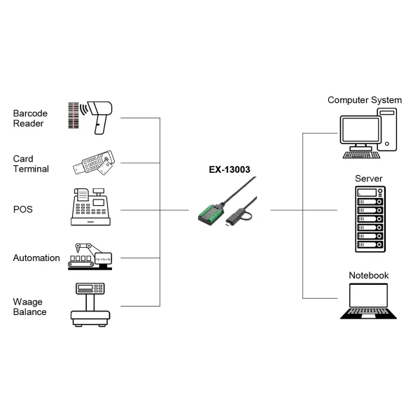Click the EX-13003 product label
[229, 169]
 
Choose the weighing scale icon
[90, 304]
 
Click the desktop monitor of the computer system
[360, 132]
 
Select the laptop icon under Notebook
[369, 302]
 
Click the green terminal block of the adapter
[209, 213]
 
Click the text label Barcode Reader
[29, 118]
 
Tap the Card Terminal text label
[30, 164]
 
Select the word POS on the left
[22, 209]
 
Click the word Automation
[36, 258]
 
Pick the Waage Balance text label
[30, 307]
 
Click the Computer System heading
[365, 100]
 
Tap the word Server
[369, 178]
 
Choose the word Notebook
[369, 276]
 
